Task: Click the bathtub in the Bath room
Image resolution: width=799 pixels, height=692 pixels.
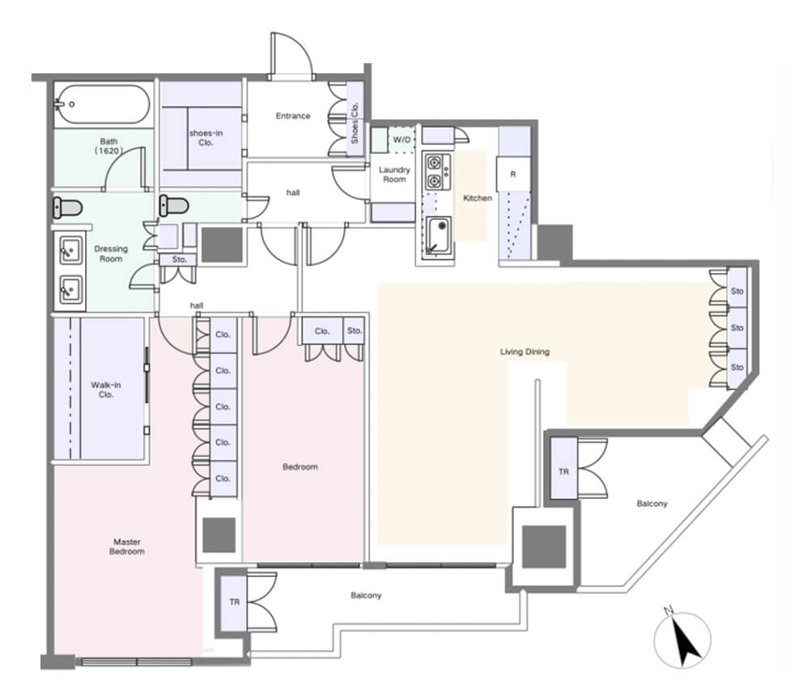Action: [x=102, y=104]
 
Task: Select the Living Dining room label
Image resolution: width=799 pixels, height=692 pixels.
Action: [x=525, y=352]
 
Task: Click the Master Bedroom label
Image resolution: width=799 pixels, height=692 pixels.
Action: [x=126, y=546]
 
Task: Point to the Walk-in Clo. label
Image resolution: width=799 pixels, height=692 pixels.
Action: [x=106, y=390]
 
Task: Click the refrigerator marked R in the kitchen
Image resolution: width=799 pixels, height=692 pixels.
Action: [x=513, y=174]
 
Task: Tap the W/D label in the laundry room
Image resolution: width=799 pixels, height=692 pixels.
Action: [x=402, y=139]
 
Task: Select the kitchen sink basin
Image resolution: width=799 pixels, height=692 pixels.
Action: [x=439, y=235]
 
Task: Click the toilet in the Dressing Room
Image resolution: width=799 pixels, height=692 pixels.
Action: [x=67, y=208]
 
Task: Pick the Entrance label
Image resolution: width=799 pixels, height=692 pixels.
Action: [x=293, y=116]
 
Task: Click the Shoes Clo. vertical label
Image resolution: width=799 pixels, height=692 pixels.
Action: [x=355, y=123]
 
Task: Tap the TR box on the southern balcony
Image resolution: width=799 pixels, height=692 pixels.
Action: [x=234, y=602]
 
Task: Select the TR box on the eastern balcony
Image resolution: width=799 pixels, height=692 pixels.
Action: [x=563, y=472]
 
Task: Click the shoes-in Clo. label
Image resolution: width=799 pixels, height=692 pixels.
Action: [x=206, y=138]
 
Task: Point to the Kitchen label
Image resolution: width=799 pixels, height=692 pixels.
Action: [x=478, y=198]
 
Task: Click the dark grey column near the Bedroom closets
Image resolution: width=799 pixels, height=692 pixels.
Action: [x=219, y=535]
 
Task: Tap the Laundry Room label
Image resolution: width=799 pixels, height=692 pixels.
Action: [x=394, y=174]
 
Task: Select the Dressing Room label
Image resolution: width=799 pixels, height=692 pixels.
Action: [x=111, y=254]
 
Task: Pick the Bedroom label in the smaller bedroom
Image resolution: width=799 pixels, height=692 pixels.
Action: [x=300, y=467]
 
